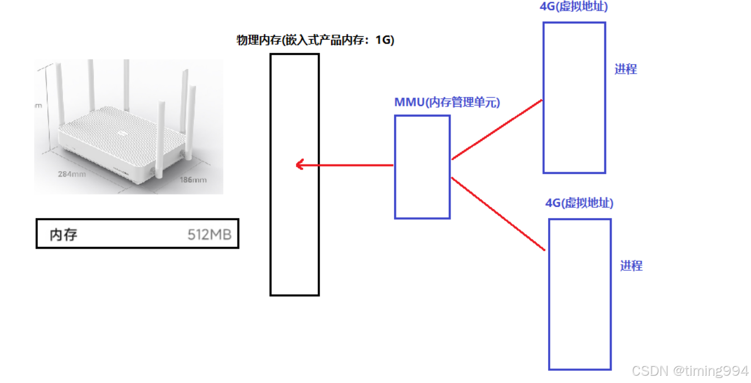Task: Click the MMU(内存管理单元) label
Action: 447,102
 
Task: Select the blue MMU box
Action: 422,167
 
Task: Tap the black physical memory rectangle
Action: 294,223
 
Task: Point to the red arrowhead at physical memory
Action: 299,164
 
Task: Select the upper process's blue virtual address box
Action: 574,98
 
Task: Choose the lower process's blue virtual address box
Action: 580,294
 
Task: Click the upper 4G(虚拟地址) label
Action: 573,7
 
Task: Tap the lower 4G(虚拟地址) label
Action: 579,203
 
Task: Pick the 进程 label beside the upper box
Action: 626,69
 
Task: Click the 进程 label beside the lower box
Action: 631,266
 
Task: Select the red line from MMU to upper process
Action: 497,130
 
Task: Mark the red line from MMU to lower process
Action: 497,214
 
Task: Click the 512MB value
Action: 209,235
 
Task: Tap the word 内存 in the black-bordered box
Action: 63,235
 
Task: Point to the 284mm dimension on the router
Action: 72,173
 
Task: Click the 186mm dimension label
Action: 193,180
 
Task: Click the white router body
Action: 120,139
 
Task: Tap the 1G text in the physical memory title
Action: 384,40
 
